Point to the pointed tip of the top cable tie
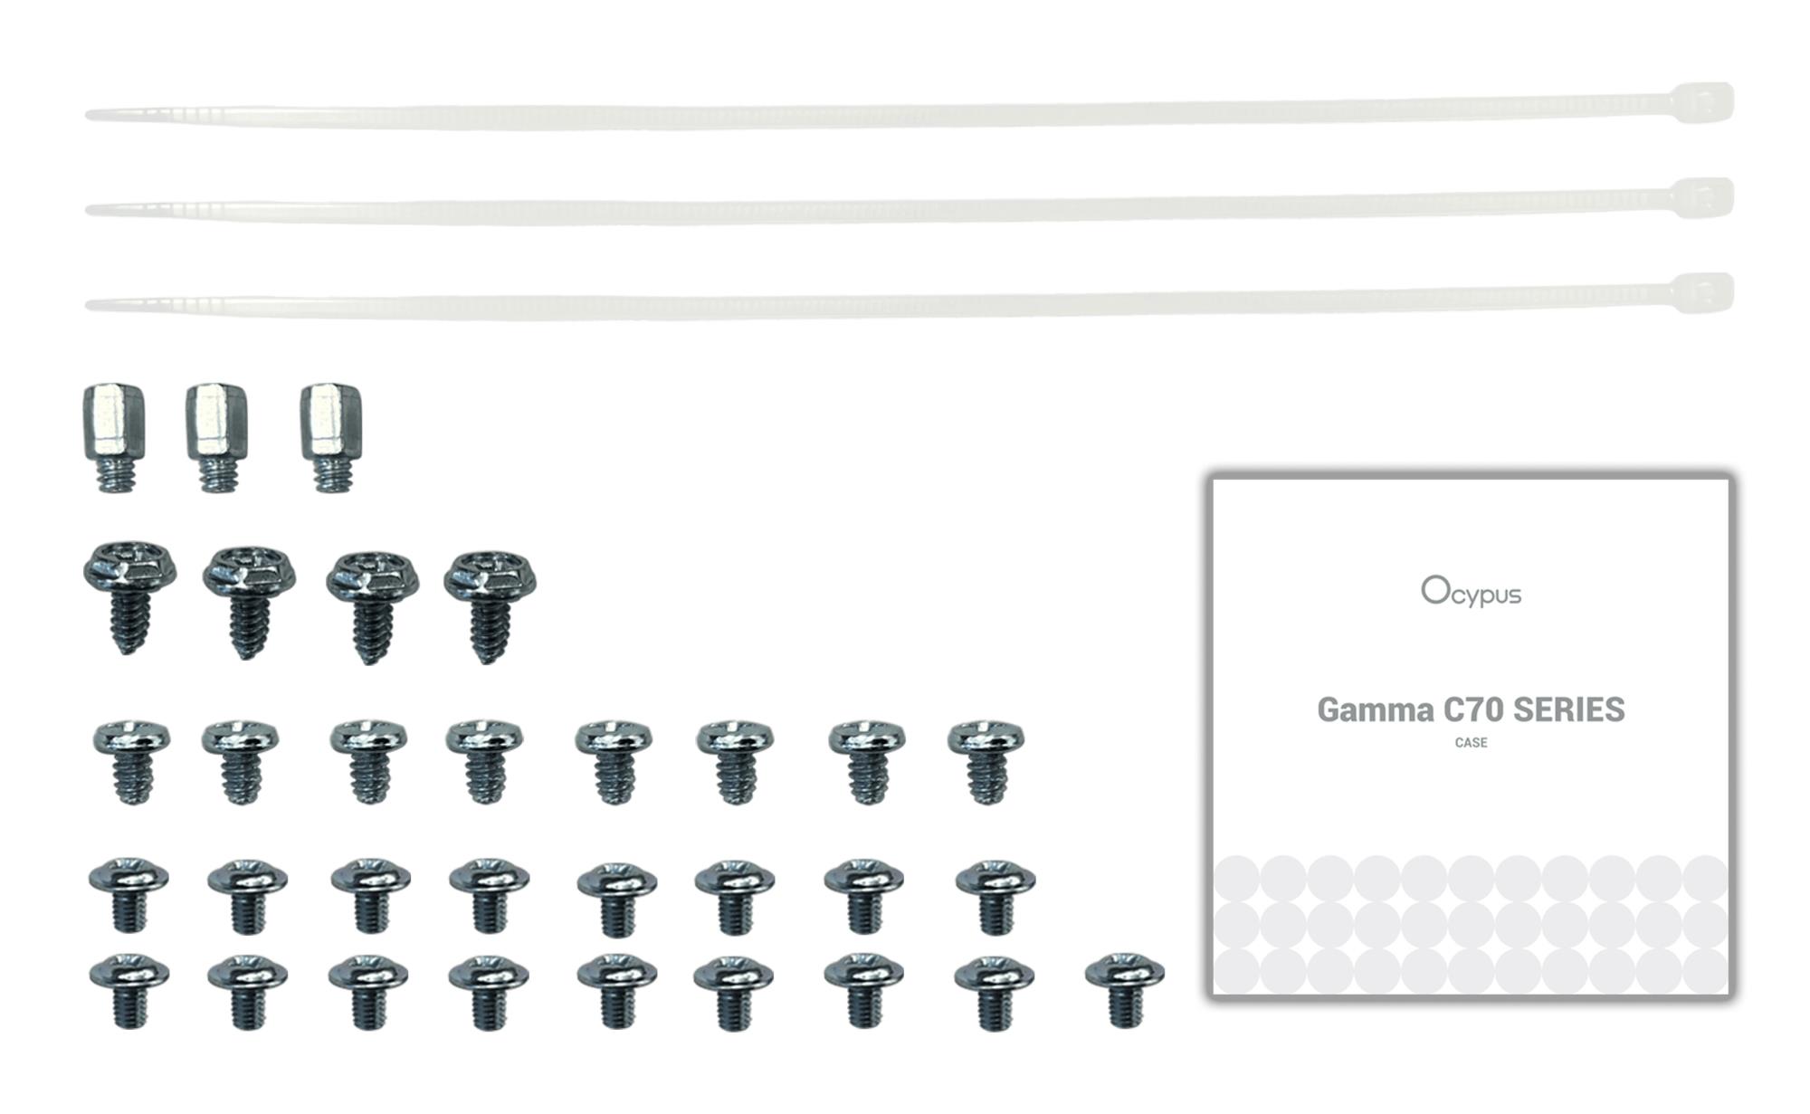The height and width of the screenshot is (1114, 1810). click(x=87, y=115)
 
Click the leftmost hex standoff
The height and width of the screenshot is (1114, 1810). click(x=114, y=438)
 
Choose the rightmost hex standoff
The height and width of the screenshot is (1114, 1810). click(x=331, y=438)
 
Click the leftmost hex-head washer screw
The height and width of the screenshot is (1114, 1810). click(x=129, y=597)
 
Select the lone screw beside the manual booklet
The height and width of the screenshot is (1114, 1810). click(x=1124, y=989)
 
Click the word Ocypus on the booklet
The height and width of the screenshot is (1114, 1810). click(x=1471, y=592)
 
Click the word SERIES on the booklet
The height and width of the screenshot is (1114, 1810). click(x=1569, y=709)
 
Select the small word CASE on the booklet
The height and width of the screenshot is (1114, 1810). click(x=1471, y=743)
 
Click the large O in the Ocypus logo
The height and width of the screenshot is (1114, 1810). click(x=1434, y=589)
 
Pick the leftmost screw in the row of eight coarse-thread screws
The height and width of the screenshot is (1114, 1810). click(x=132, y=761)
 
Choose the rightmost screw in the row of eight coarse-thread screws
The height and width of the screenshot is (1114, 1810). click(x=986, y=761)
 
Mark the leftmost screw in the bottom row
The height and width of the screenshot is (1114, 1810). click(x=129, y=990)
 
